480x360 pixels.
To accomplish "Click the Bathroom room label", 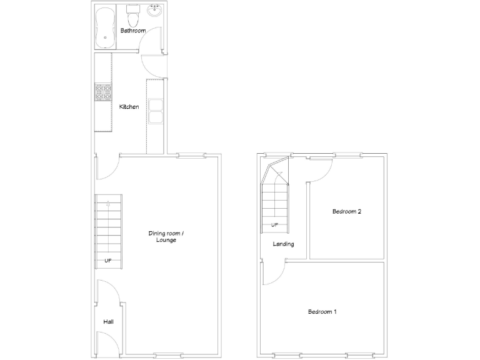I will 132,31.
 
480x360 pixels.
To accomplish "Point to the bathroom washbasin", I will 154,12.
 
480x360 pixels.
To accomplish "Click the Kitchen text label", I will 129,107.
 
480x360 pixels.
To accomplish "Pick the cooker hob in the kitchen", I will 102,92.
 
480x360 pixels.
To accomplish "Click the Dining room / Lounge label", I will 166,237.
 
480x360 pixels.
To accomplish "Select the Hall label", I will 108,322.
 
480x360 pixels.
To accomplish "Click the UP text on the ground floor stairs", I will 108,261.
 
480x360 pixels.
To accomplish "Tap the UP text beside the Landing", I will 274,225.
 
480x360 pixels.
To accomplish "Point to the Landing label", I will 283,244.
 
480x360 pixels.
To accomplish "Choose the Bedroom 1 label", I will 322,312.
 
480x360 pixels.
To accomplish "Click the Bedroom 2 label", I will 346,212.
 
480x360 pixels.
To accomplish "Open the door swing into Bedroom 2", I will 319,170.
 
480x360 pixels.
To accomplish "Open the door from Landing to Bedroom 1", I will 273,273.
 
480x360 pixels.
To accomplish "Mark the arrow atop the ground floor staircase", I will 109,203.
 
